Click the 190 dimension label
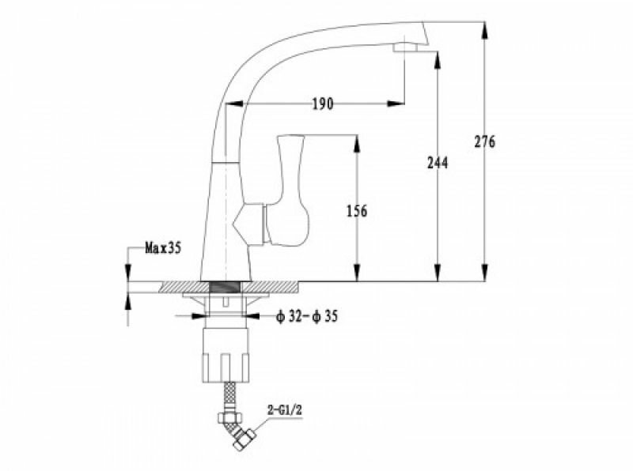point(322,104)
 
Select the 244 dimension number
point(437,163)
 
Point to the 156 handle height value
point(357,211)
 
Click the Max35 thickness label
point(163,248)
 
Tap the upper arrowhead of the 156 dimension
point(357,141)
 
